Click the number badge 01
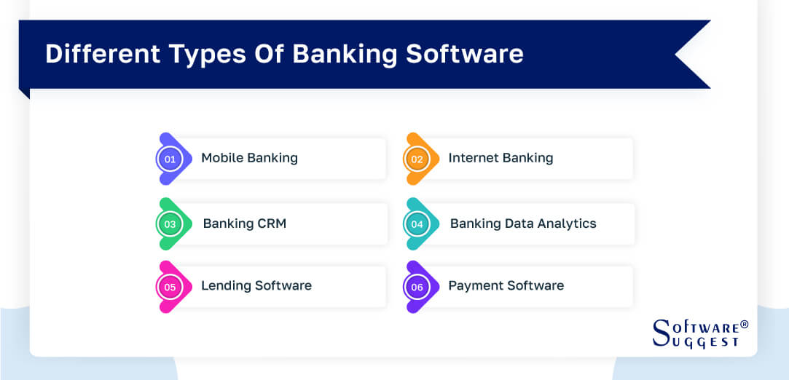click(x=170, y=159)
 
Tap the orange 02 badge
click(x=417, y=159)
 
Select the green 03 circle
click(x=170, y=224)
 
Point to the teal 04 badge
click(x=417, y=224)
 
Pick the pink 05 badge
click(x=170, y=287)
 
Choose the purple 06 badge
click(x=417, y=287)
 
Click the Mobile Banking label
click(x=249, y=158)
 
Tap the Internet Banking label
click(x=501, y=158)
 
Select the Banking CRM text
click(x=244, y=223)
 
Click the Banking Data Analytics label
click(x=523, y=223)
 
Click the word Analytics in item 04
click(x=568, y=223)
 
